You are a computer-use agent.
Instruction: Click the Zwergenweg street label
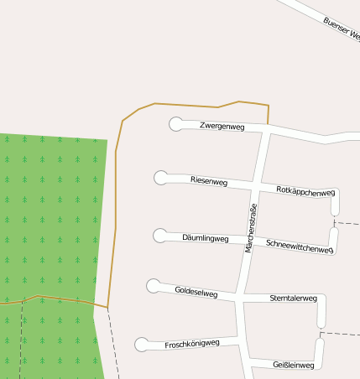222,127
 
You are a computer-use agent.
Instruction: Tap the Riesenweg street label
209,181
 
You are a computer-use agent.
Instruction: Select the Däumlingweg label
206,238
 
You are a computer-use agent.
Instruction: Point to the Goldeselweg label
196,293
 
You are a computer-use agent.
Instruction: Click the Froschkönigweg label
192,344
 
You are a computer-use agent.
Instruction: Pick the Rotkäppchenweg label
305,191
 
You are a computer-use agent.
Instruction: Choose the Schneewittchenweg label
299,246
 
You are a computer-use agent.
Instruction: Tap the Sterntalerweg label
294,299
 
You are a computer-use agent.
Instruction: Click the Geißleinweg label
294,365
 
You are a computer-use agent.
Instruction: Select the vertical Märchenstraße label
249,228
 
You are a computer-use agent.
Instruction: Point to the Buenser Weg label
341,29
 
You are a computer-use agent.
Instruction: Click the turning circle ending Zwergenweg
176,124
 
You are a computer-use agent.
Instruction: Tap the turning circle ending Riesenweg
161,178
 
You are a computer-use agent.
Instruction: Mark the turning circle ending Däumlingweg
160,236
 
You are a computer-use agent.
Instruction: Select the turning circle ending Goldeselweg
154,287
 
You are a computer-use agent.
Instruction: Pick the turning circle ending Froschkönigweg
142,345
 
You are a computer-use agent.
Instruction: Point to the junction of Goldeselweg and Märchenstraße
243,295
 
